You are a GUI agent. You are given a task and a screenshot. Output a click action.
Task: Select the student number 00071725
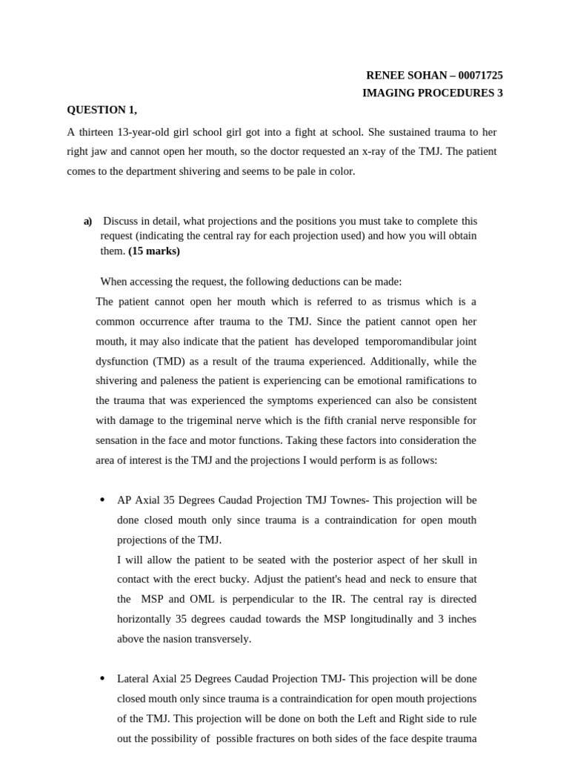coord(481,76)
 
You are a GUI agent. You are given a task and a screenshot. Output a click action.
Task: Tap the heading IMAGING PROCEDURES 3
coord(432,93)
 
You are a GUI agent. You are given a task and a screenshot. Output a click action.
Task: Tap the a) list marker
coord(87,222)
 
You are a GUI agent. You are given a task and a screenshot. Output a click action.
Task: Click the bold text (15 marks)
coord(154,251)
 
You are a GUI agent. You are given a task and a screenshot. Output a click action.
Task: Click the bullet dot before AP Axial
coord(102,500)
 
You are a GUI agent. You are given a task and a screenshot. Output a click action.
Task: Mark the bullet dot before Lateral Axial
coord(102,679)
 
